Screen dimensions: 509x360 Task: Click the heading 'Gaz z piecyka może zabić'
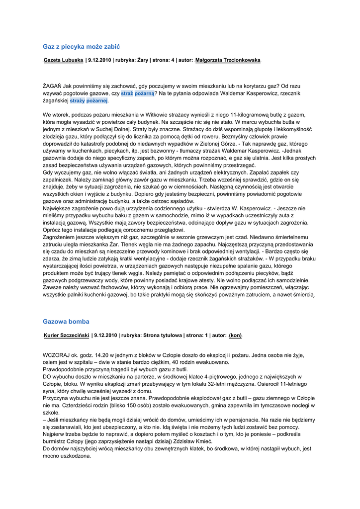coord(82,46)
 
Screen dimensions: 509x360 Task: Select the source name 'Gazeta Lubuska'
coord(63,60)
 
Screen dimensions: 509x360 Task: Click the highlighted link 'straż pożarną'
coord(138,93)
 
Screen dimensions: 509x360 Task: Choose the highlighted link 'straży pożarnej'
coord(89,100)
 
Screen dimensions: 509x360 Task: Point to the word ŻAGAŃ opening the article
coord(52,85)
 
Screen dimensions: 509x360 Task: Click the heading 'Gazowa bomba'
coord(66,322)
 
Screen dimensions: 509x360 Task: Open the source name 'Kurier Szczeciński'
coord(67,336)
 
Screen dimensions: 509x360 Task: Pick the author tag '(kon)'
coord(235,336)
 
